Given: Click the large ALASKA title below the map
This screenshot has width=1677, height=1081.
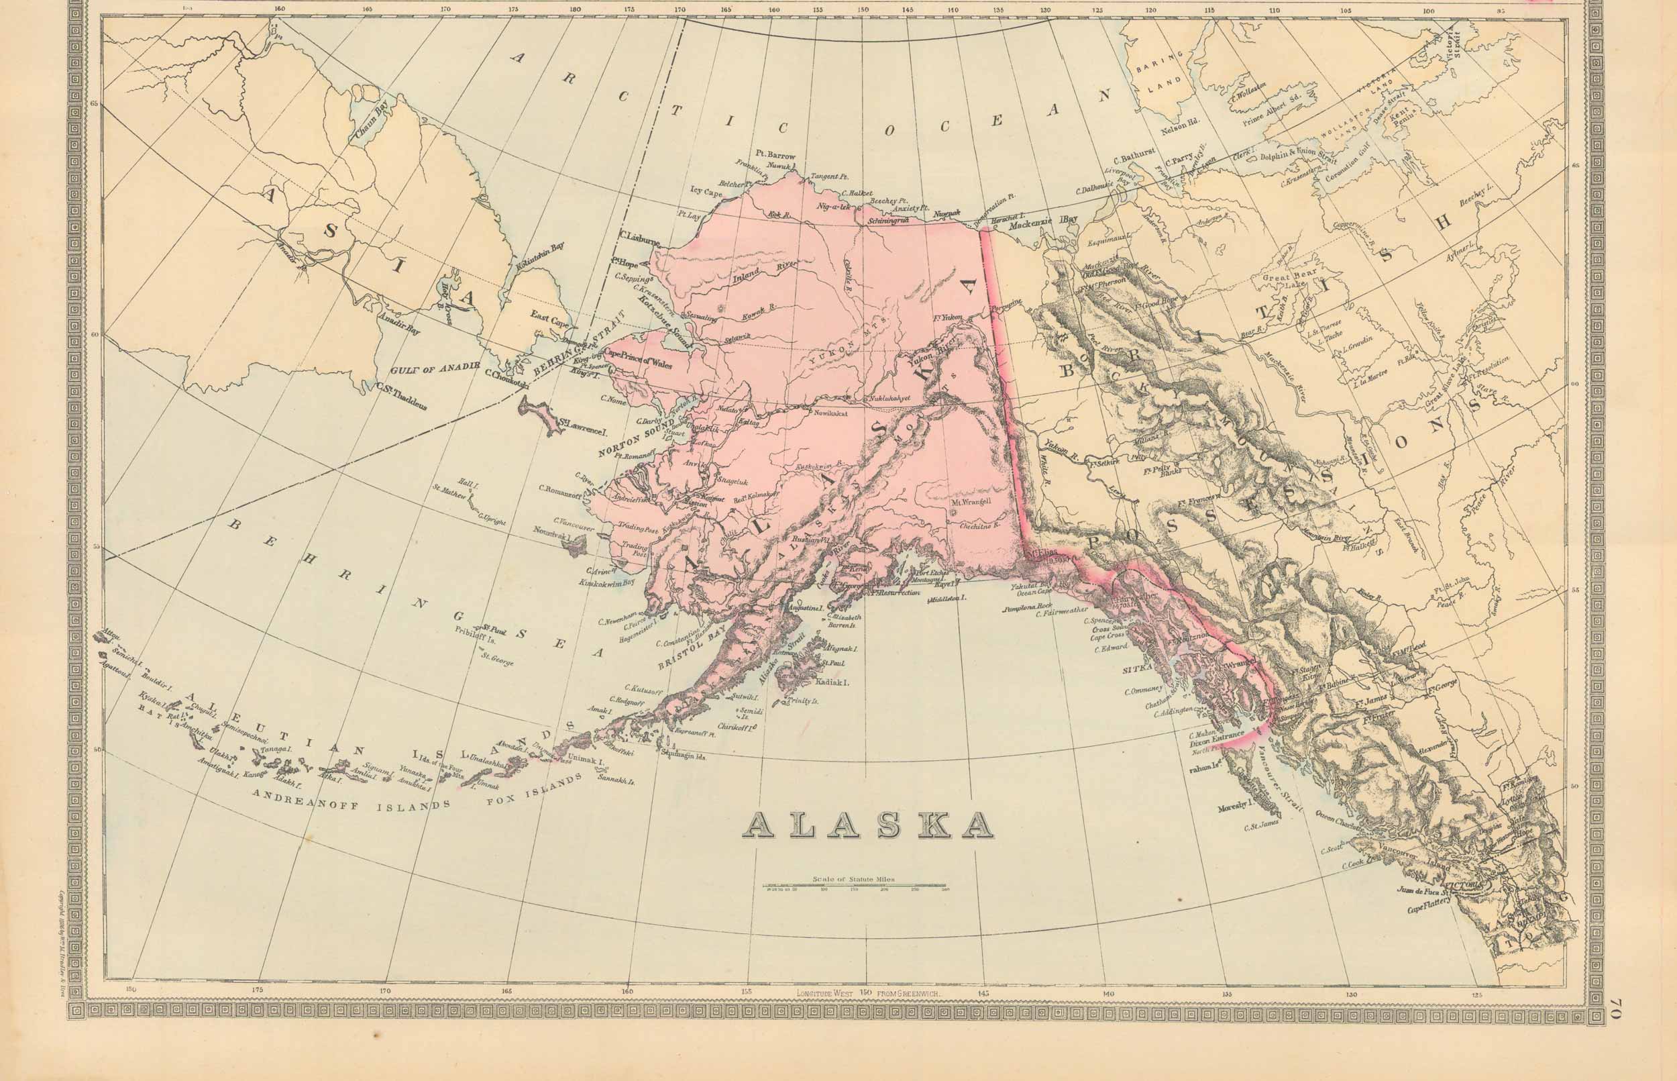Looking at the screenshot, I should (x=868, y=825).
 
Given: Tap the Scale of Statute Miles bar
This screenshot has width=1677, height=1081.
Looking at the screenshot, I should (x=854, y=886).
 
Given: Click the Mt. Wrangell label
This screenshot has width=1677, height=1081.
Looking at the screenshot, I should (x=970, y=502).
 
